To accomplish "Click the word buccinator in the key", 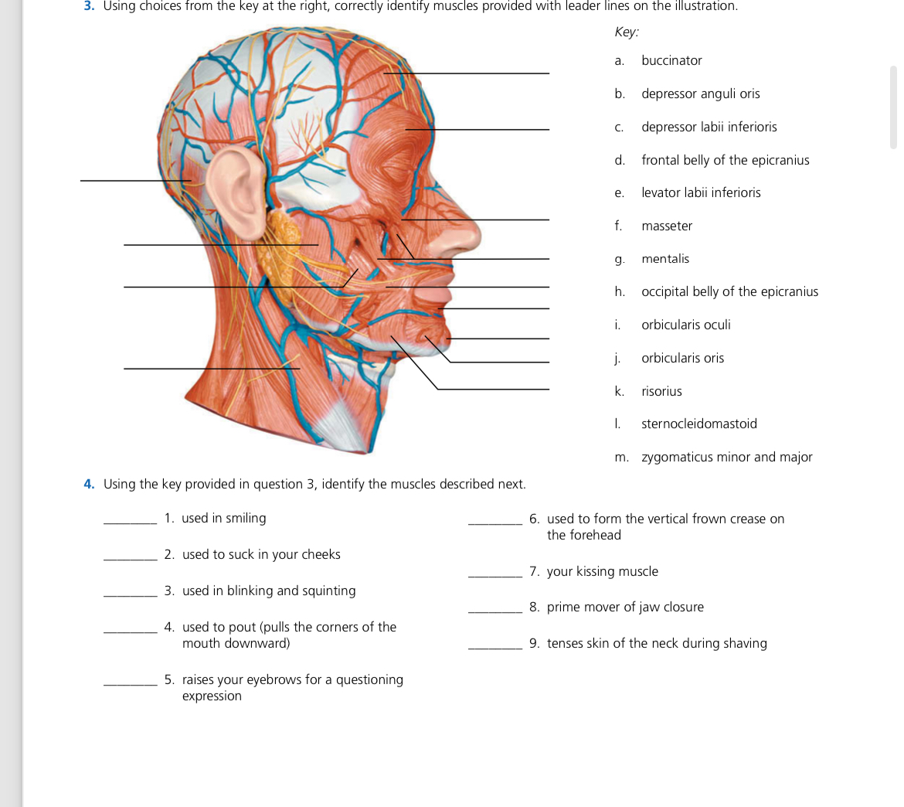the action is pyautogui.click(x=671, y=60).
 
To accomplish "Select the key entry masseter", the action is pyautogui.click(x=666, y=226).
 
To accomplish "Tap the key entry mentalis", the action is pyautogui.click(x=664, y=259).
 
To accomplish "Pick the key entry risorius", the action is pyautogui.click(x=661, y=391).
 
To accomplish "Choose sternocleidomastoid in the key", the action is pyautogui.click(x=698, y=424).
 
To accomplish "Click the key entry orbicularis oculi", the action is pyautogui.click(x=685, y=325).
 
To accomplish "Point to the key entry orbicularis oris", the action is pyautogui.click(x=682, y=358).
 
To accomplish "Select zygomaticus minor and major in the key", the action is pyautogui.click(x=726, y=457).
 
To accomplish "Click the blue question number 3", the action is pyautogui.click(x=89, y=6).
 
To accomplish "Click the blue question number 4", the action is pyautogui.click(x=89, y=484).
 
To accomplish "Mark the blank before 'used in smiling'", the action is pyautogui.click(x=130, y=519).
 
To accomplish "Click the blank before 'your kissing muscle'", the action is pyautogui.click(x=495, y=573).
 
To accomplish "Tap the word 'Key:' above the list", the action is pyautogui.click(x=627, y=32).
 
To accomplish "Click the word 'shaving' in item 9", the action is pyautogui.click(x=743, y=643).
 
